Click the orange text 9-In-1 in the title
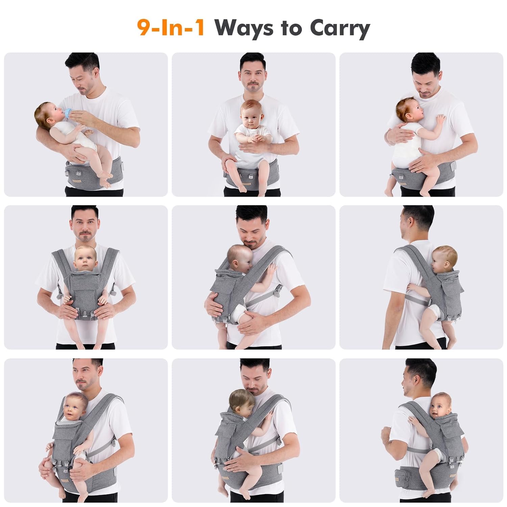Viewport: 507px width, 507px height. (171, 28)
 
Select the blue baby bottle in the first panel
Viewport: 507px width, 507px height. (70, 114)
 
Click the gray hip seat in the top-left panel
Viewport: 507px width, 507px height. (84, 174)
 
